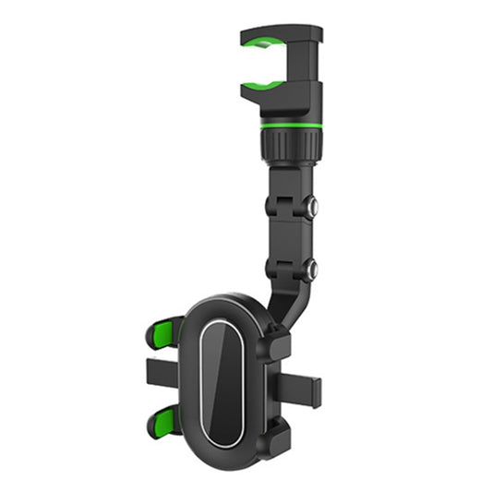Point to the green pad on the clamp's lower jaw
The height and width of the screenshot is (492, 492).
pyautogui.click(x=262, y=84)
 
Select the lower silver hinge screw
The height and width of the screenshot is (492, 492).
pyautogui.click(x=311, y=270)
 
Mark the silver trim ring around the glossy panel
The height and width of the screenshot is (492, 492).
pyautogui.click(x=202, y=383)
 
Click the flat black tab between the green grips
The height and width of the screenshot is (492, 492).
pyautogui.click(x=162, y=374)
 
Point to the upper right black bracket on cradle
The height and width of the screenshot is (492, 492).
pyautogui.click(x=278, y=342)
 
